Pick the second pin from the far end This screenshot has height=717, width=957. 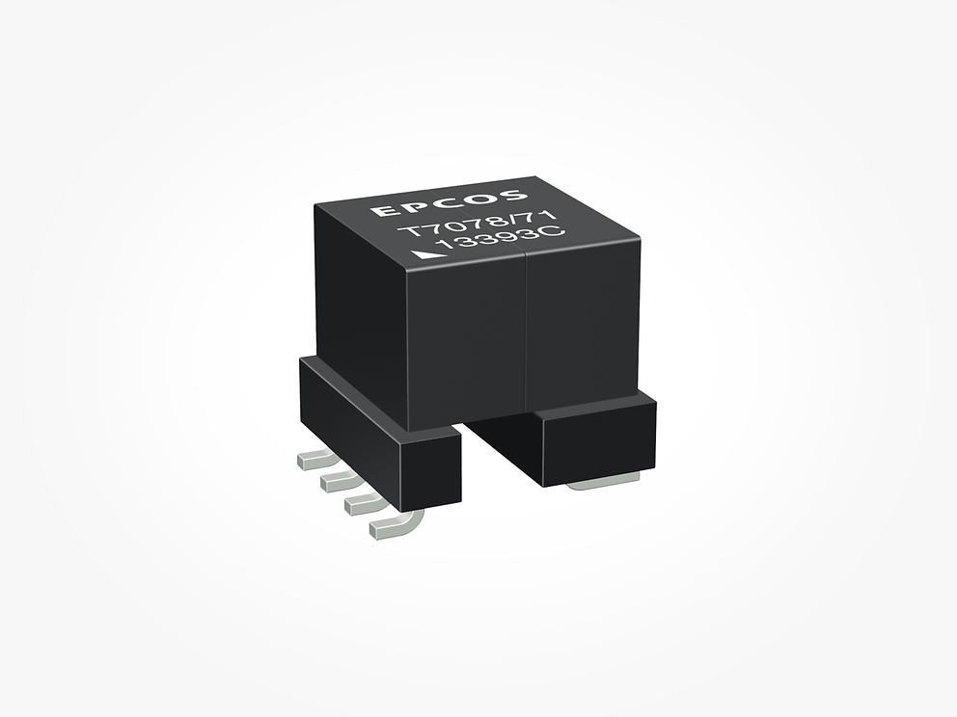point(338,479)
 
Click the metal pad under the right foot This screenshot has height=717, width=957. point(603,481)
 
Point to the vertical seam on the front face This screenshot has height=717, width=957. point(525,328)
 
